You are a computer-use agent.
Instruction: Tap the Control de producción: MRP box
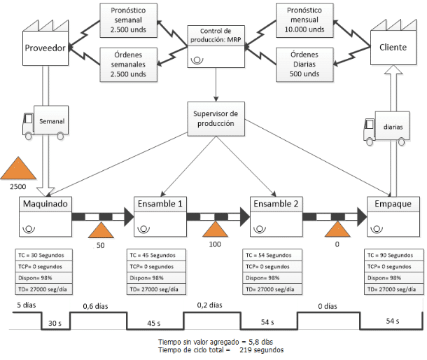pos(216,47)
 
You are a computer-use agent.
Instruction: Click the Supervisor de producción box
pos(216,119)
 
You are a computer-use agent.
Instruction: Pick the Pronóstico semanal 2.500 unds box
pos(129,20)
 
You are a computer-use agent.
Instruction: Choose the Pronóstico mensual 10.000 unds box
pos(304,20)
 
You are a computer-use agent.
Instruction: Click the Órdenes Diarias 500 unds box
pos(304,64)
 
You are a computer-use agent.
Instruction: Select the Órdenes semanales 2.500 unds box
pos(129,64)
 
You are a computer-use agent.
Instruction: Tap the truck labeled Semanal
pos(45,123)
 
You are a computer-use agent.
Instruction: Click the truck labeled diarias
pos(386,128)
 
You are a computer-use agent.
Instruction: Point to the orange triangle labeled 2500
pos(18,168)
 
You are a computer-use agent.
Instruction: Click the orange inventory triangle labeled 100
pos(215,229)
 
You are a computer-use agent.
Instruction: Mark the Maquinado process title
pos(45,204)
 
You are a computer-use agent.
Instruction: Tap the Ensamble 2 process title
pos(276,204)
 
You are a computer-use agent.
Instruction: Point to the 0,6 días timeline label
pos(96,306)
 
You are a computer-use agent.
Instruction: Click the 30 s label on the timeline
pos(55,323)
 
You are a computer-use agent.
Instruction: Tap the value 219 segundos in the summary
pos(261,350)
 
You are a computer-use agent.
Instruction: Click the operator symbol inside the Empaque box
pos(377,230)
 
